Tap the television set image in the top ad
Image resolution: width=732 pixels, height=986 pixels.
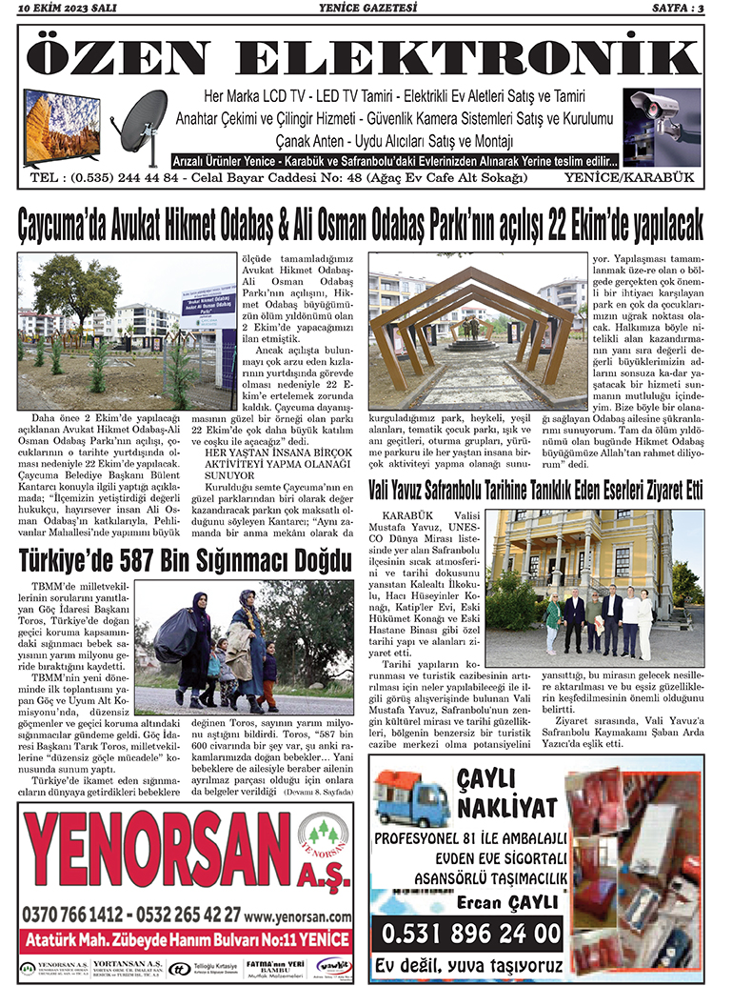click(62, 128)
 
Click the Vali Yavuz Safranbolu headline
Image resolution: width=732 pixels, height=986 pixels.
click(536, 491)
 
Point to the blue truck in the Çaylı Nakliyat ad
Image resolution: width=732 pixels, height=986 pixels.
click(410, 796)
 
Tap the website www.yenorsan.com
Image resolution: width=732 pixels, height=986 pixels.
click(297, 913)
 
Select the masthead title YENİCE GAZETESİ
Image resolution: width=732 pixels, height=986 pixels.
click(366, 10)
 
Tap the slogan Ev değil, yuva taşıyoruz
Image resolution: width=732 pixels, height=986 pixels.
click(468, 962)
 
